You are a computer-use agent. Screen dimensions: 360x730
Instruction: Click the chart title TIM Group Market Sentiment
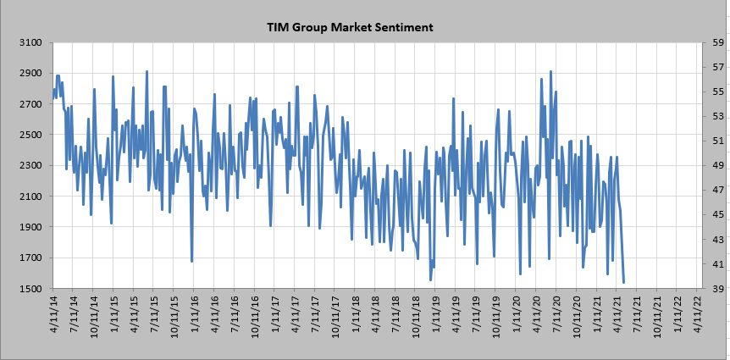350,27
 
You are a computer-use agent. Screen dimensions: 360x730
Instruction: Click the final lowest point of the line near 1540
623,283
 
